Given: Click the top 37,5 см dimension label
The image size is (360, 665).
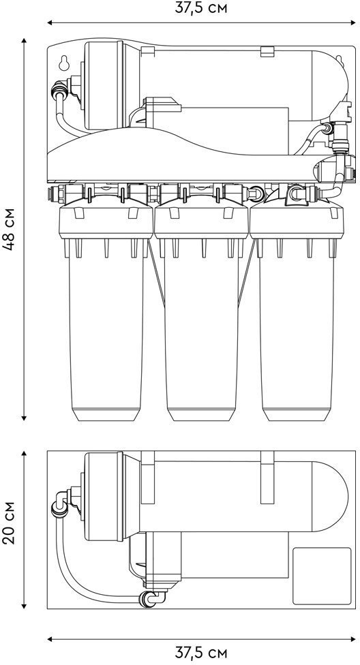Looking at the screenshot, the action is (x=201, y=8).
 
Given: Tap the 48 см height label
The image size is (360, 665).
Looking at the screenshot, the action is (x=10, y=229).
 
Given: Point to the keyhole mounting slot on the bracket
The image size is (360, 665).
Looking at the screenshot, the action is (x=64, y=63).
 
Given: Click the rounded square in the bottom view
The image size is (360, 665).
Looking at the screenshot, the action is (x=322, y=576).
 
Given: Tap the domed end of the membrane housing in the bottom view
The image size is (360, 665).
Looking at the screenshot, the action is (x=330, y=496).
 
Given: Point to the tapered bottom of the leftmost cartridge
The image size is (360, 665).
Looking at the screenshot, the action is (x=105, y=414).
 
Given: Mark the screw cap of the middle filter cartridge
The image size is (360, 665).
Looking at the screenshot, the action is (x=201, y=221).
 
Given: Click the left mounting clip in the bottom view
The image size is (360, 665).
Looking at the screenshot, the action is (x=148, y=477).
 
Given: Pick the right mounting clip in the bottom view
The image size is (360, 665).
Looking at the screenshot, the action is (x=267, y=477).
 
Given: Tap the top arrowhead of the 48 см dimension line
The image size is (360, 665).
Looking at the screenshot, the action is (x=24, y=41).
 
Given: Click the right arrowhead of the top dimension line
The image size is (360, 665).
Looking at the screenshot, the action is (x=352, y=22).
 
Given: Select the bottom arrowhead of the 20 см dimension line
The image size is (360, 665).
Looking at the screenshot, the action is (x=24, y=606).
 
